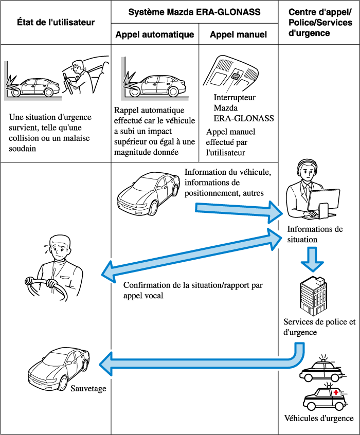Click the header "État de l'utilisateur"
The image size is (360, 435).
(56, 23)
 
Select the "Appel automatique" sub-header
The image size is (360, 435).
(155, 35)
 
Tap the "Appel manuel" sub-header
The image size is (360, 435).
(239, 35)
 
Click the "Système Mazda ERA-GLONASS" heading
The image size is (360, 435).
(194, 11)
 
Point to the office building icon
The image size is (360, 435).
(313, 296)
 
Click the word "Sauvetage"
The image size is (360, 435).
(89, 389)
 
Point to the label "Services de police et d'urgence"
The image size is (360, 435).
(319, 327)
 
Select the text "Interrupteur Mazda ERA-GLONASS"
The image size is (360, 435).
(243, 108)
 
